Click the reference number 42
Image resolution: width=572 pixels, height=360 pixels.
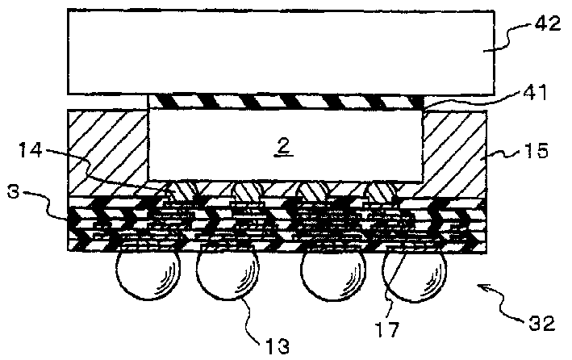(x=547, y=24)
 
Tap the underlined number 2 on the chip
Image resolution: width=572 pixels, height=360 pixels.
(x=283, y=147)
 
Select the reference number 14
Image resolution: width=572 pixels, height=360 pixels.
(x=31, y=150)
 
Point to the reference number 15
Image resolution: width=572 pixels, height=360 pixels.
(x=536, y=150)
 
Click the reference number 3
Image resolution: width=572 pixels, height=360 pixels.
(x=13, y=191)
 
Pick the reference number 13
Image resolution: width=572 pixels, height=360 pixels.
(x=278, y=345)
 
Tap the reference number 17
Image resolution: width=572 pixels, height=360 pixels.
(x=386, y=329)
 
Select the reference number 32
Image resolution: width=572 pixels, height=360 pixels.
(x=541, y=323)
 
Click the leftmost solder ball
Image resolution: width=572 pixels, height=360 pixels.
(x=148, y=274)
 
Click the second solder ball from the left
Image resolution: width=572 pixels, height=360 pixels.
(x=228, y=273)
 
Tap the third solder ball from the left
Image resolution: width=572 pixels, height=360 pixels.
(x=333, y=274)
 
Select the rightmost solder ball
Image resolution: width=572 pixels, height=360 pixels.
(x=415, y=276)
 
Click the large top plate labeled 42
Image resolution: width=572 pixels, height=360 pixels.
(x=281, y=52)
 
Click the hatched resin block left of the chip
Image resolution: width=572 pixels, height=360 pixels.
(x=108, y=152)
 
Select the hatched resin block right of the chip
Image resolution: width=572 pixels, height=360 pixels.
(x=454, y=153)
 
